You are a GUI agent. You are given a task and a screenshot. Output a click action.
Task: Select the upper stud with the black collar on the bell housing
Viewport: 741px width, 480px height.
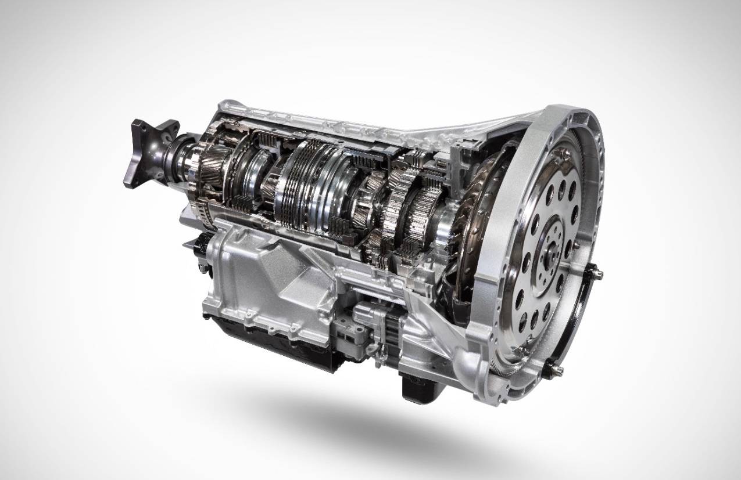click(x=597, y=272)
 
